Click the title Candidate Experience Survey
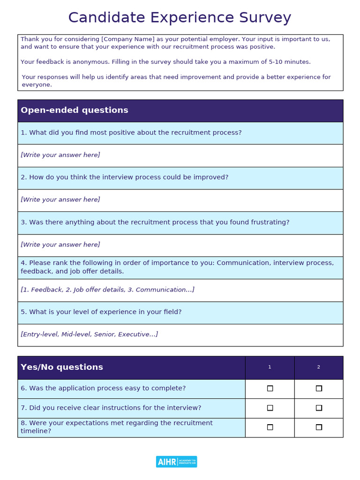tap(180, 18)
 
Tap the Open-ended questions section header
tap(75, 110)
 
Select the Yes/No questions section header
tap(62, 367)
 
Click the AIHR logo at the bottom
tap(176, 462)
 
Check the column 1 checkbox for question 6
tap(270, 388)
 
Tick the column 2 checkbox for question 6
tap(319, 388)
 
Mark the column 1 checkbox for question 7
tap(270, 408)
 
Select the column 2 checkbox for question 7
tap(319, 408)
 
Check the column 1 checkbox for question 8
tap(270, 427)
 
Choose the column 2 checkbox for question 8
tap(319, 427)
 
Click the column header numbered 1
tap(270, 367)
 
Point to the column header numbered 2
tap(319, 367)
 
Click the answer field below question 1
tap(60, 155)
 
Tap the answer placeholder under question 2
tap(60, 200)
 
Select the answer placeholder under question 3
tap(60, 245)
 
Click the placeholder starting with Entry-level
tap(89, 334)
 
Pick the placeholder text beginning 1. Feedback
tap(107, 290)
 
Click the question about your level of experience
tap(101, 312)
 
